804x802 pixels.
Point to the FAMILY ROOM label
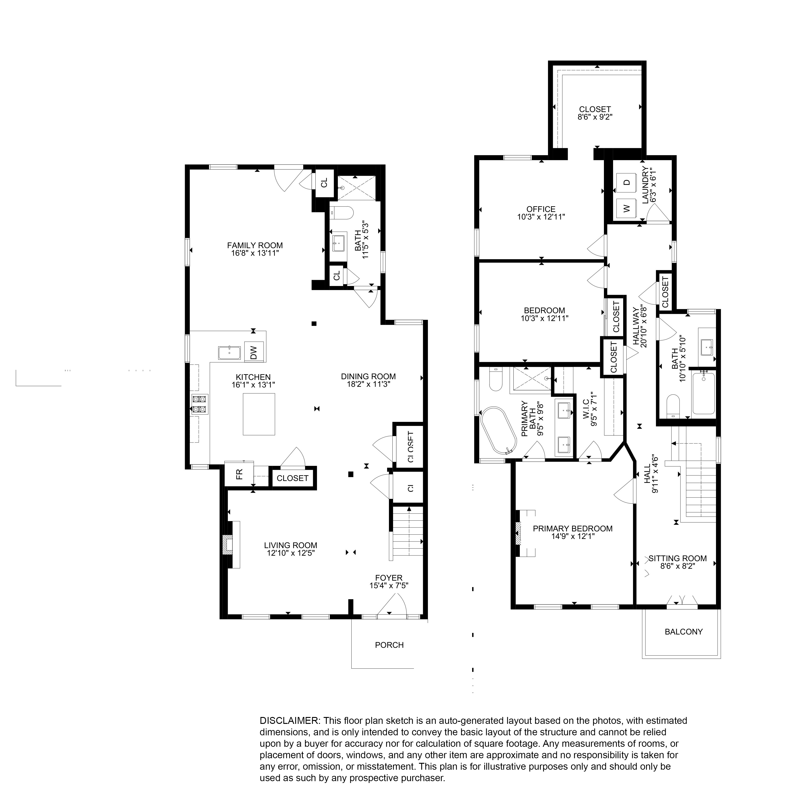pyautogui.click(x=255, y=245)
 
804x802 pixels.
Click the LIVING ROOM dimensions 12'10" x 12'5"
pyautogui.click(x=290, y=553)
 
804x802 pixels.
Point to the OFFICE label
pyautogui.click(x=541, y=209)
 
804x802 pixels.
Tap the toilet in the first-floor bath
pyautogui.click(x=342, y=213)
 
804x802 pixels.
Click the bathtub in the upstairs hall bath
pyautogui.click(x=704, y=393)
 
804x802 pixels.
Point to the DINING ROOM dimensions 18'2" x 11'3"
pyautogui.click(x=368, y=384)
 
